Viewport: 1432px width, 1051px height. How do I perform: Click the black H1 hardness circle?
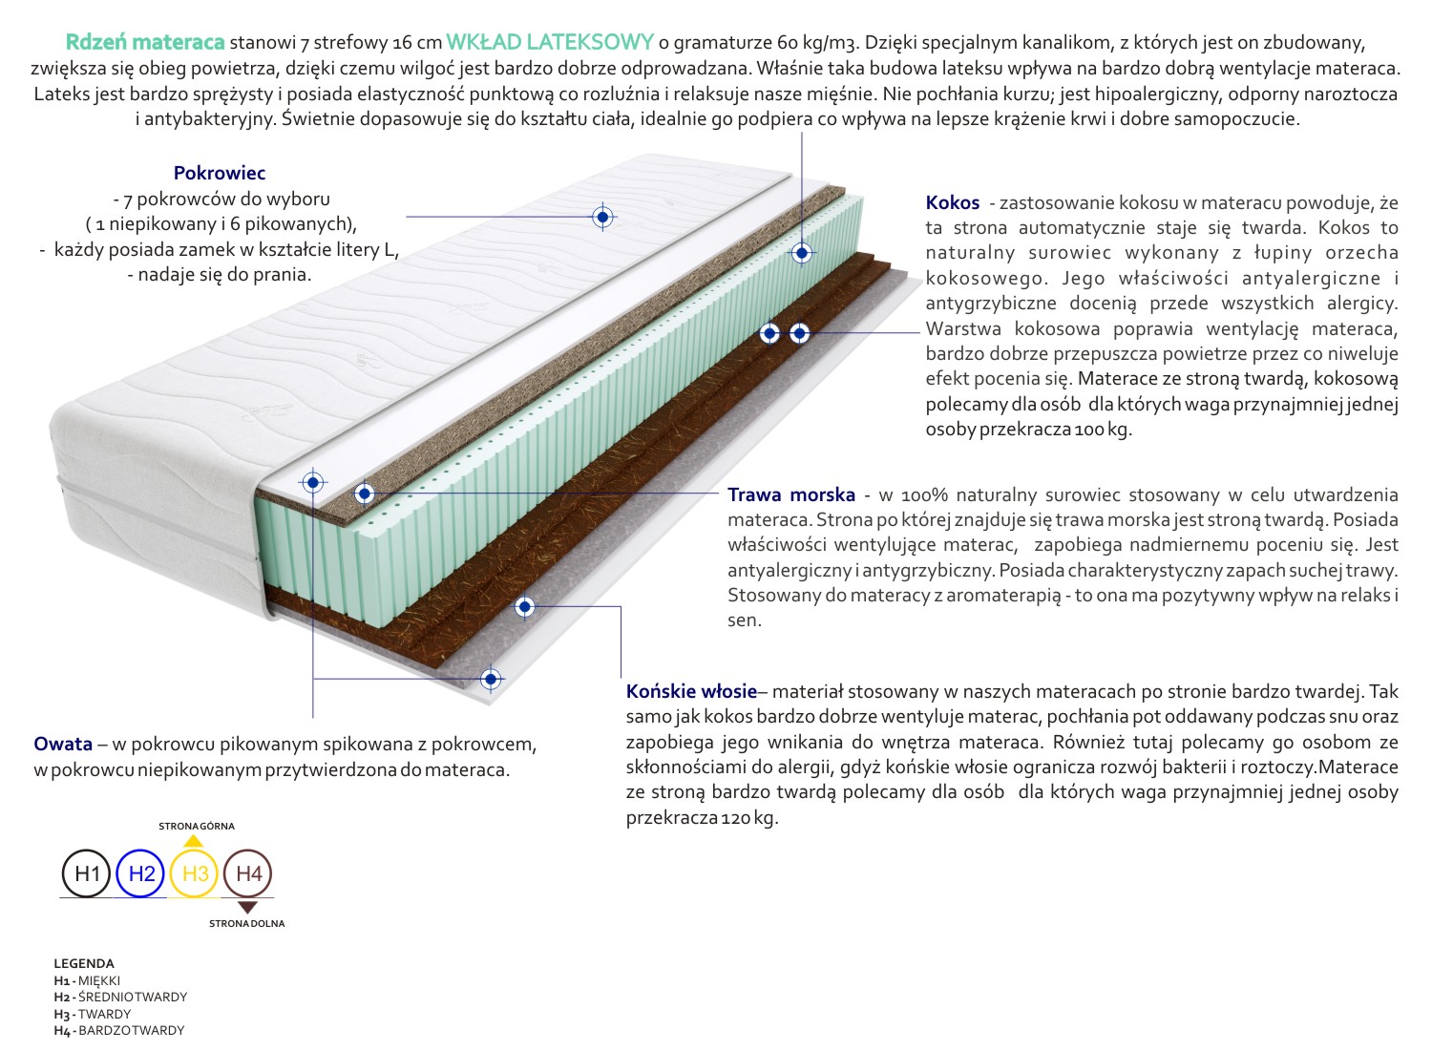(87, 873)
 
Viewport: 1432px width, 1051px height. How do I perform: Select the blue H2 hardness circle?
(141, 873)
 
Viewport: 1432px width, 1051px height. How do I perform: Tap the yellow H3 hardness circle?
(195, 873)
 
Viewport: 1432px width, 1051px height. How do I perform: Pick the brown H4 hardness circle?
(248, 873)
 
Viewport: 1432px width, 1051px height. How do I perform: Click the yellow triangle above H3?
(194, 841)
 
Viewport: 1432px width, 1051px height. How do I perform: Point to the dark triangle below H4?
(247, 907)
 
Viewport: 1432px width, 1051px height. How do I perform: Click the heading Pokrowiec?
(220, 173)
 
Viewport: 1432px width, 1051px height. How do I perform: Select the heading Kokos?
(953, 202)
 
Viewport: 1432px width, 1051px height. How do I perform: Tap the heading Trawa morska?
(791, 494)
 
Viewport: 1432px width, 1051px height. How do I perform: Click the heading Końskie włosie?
(691, 691)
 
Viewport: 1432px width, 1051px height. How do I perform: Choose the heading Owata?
(63, 744)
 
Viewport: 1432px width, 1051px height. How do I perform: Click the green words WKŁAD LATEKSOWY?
(550, 42)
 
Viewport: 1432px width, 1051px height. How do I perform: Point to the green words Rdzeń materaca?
(145, 42)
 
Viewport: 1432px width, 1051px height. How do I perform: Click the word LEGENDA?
(84, 963)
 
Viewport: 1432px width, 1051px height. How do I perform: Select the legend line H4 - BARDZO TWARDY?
(119, 1030)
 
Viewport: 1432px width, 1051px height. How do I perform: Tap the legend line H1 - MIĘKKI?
(88, 980)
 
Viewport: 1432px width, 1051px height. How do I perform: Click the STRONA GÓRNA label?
(196, 826)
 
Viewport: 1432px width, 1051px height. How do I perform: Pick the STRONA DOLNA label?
(247, 923)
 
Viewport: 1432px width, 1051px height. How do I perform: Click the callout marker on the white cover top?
(602, 217)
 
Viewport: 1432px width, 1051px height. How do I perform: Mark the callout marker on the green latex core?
(802, 253)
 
